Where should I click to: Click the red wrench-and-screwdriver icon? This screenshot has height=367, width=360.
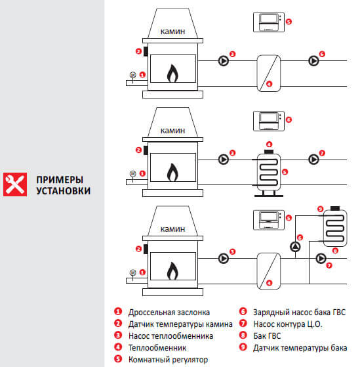coord(15,184)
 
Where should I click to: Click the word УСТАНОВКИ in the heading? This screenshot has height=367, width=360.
coord(64,191)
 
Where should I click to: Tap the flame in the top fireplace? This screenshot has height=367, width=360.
coord(172,74)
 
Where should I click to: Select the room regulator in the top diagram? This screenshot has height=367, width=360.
coord(269,22)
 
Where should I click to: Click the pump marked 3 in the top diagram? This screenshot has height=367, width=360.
coord(224,61)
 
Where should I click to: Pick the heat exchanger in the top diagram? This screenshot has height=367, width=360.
coord(269,73)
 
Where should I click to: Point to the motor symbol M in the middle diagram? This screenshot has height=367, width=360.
coord(132,174)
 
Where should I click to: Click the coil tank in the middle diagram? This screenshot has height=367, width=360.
coord(269,173)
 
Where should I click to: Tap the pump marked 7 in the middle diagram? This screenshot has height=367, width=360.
coord(313,160)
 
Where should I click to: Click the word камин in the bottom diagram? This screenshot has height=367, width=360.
coord(172,228)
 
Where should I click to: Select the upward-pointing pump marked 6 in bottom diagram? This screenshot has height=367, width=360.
coord(295,247)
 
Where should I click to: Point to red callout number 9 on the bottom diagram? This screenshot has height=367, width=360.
coord(320,209)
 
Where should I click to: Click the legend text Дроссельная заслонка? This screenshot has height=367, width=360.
coord(169,313)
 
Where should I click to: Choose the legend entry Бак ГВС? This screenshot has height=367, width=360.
coord(267,336)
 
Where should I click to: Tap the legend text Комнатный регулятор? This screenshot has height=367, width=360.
coord(168,360)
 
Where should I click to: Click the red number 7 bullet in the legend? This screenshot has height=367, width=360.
coord(243,324)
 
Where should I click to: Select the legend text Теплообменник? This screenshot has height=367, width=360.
coord(157,348)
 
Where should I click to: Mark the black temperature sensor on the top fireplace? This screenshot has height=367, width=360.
coord(146,51)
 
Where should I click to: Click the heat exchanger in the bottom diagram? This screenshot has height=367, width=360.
coord(269,270)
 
